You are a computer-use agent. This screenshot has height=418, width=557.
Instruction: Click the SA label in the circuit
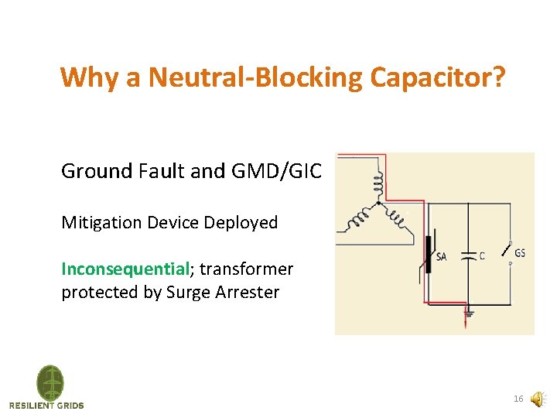[x=441, y=257]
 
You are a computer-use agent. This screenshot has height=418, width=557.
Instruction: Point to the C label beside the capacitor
[x=482, y=255]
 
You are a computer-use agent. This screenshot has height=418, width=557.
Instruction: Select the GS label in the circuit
[x=520, y=253]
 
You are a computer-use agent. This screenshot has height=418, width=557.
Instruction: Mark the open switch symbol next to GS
[x=506, y=251]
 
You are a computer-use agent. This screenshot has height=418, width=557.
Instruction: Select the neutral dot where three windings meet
[x=378, y=203]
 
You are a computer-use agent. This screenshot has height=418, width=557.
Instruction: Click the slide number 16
[x=518, y=399]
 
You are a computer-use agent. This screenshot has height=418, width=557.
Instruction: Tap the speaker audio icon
[x=538, y=399]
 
